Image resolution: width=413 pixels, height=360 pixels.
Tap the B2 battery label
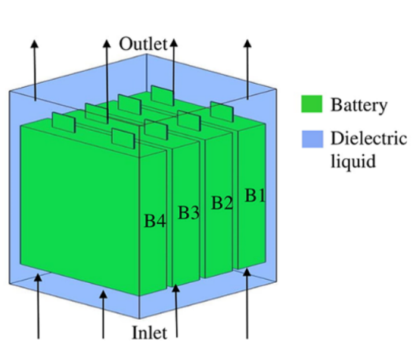coord(222,202)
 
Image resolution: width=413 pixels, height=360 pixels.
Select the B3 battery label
coord(188,213)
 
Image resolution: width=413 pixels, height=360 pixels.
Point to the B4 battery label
coord(154,222)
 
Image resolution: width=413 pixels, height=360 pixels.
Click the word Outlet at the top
coord(142,44)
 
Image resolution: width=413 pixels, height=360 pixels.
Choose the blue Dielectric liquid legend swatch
coord(312,139)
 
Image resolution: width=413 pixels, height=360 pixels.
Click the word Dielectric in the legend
coord(368,139)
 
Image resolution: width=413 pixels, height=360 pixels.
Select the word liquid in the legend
coord(352,161)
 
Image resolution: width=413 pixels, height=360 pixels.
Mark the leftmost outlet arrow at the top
coord(33,68)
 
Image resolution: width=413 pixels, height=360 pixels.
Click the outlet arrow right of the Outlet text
coord(174,64)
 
